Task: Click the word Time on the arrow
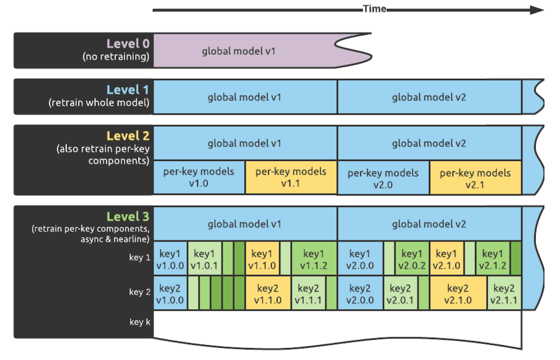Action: click(x=374, y=9)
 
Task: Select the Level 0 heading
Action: click(x=128, y=44)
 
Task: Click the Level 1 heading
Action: click(x=128, y=90)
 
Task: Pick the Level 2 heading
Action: click(x=128, y=136)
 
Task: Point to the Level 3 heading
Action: click(x=128, y=217)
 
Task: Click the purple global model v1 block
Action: click(x=239, y=51)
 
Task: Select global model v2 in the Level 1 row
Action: click(x=429, y=97)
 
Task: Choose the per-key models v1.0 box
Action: click(x=199, y=177)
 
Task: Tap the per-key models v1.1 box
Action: click(x=291, y=177)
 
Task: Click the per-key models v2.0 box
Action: click(x=383, y=178)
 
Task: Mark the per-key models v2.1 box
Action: click(x=475, y=178)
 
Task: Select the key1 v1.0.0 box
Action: click(x=170, y=259)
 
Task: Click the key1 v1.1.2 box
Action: click(x=314, y=259)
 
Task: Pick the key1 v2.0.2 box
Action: click(x=412, y=259)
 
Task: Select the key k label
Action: click(x=140, y=322)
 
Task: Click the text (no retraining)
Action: click(x=116, y=57)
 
